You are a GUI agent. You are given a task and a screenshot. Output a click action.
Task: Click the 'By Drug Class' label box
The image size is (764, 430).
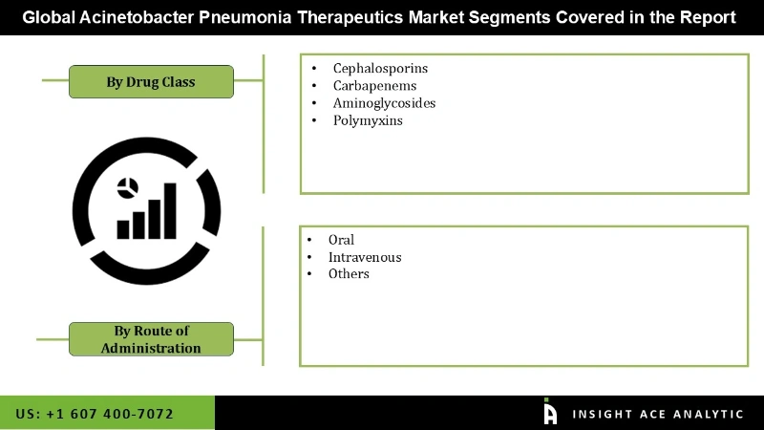(x=151, y=81)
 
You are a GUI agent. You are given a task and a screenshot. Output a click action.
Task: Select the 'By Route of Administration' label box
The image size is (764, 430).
(x=151, y=339)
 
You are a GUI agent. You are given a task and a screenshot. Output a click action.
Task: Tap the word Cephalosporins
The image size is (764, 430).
(x=380, y=69)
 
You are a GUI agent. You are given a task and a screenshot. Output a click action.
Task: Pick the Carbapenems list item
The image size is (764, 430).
(x=374, y=86)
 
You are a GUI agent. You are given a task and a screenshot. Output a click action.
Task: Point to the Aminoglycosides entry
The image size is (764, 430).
(x=384, y=103)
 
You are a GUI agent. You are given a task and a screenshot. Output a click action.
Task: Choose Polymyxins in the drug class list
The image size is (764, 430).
(x=368, y=120)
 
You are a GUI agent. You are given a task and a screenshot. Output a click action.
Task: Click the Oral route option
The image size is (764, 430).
(x=341, y=240)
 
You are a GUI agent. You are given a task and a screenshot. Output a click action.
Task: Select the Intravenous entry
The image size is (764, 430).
(x=364, y=257)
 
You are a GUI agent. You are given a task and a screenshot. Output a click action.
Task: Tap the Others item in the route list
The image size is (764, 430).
(x=349, y=274)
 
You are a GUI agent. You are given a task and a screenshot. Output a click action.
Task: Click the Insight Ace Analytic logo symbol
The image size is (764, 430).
(x=550, y=412)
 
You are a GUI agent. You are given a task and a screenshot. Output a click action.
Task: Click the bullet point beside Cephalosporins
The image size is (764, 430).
(x=314, y=69)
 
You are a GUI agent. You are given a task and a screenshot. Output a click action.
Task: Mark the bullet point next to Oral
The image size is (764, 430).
(x=309, y=240)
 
